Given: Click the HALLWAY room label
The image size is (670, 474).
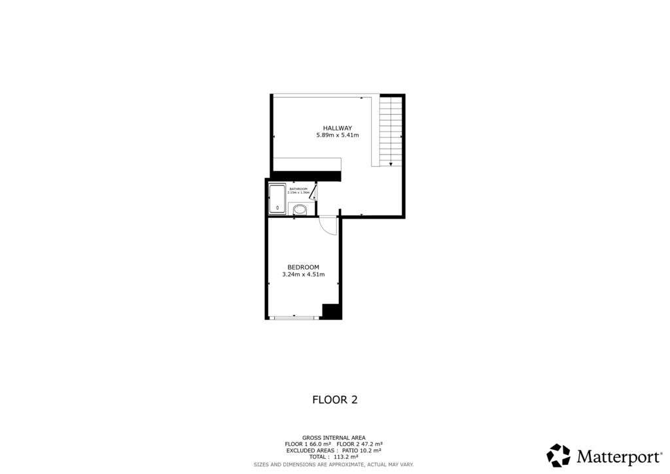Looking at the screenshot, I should (338, 128).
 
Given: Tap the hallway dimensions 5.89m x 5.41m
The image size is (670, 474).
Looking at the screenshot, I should (338, 136).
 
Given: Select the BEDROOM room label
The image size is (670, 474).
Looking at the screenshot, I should (303, 267).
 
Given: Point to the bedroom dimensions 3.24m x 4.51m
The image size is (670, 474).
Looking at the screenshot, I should (303, 275).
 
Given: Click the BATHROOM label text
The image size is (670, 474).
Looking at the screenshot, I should (298, 189).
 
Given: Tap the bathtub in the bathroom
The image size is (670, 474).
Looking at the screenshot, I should (277, 199).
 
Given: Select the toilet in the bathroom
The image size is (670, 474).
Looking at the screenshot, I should (300, 210).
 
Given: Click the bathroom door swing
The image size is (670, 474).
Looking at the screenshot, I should (313, 191).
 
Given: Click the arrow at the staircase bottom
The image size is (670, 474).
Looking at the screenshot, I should (391, 163).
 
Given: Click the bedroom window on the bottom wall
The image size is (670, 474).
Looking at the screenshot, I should (294, 318).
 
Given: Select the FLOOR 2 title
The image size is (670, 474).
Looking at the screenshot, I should (334, 399).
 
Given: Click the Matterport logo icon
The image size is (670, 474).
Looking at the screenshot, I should (559, 455).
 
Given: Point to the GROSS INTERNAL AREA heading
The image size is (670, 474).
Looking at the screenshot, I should (334, 437).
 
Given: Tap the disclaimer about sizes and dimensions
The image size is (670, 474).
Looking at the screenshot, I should (334, 464).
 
